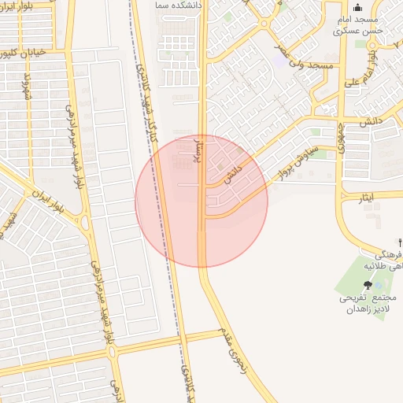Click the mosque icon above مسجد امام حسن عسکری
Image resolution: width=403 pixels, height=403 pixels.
[357, 8]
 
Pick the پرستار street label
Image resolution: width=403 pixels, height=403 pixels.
[197, 150]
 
